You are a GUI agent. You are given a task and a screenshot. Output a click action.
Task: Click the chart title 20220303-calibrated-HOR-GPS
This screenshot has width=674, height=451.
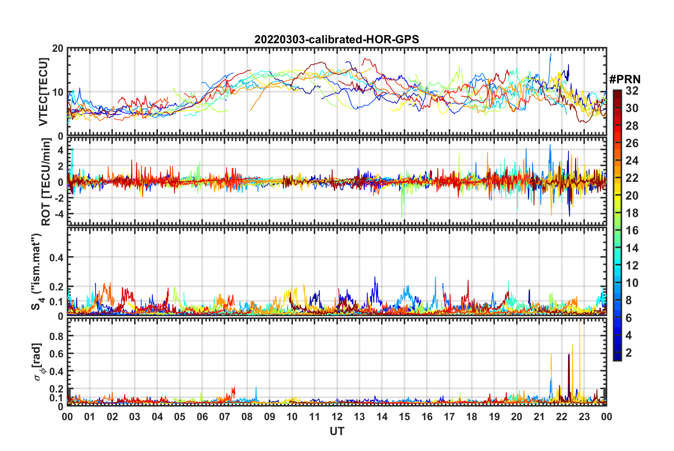(337, 39)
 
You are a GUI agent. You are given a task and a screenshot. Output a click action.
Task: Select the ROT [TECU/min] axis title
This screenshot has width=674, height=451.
(46, 182)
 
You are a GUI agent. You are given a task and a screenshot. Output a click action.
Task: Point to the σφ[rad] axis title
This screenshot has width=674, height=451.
(38, 362)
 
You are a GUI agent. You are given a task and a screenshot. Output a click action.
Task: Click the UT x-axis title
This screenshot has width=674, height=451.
(337, 431)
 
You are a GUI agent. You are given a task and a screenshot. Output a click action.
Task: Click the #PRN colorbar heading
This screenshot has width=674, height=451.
(625, 79)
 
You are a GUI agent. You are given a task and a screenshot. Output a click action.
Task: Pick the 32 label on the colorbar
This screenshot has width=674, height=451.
(632, 91)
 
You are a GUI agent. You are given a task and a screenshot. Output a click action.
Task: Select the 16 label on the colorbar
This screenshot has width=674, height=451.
(632, 230)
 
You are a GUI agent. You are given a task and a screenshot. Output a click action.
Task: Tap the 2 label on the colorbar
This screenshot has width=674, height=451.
(629, 352)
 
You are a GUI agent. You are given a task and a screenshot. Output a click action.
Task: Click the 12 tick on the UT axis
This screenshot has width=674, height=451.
(337, 417)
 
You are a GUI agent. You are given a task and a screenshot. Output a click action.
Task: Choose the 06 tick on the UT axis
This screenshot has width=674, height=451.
(202, 417)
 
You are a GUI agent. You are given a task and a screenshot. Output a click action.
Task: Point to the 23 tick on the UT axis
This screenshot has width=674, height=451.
(584, 417)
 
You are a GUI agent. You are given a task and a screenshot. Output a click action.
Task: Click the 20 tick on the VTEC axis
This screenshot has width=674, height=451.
(58, 49)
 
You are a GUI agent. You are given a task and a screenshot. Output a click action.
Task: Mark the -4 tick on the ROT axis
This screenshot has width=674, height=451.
(59, 214)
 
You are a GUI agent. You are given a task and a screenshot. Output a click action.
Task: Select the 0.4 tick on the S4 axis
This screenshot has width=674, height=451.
(56, 257)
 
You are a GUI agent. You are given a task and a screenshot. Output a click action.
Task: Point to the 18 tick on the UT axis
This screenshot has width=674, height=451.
(472, 417)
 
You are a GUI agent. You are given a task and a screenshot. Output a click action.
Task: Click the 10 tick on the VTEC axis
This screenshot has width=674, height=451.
(58, 92)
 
